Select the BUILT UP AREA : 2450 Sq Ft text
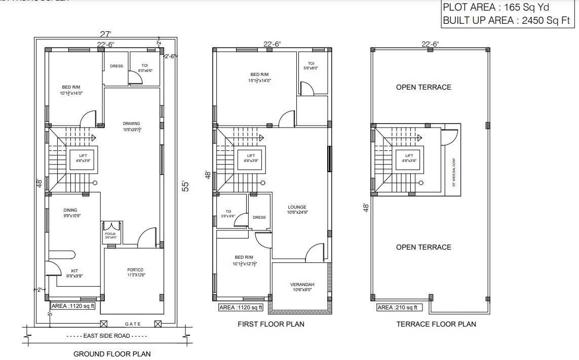pyautogui.click(x=507, y=20)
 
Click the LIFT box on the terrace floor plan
pyautogui.click(x=409, y=158)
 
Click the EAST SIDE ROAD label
pyautogui.click(x=107, y=336)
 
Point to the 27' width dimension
pyautogui.click(x=105, y=34)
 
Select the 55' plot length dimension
pyautogui.click(x=185, y=186)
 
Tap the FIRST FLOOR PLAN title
pyautogui.click(x=271, y=324)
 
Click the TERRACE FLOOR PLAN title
pyautogui.click(x=436, y=324)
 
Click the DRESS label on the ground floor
pyautogui.click(x=117, y=66)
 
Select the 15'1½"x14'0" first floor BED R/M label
pyautogui.click(x=259, y=77)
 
